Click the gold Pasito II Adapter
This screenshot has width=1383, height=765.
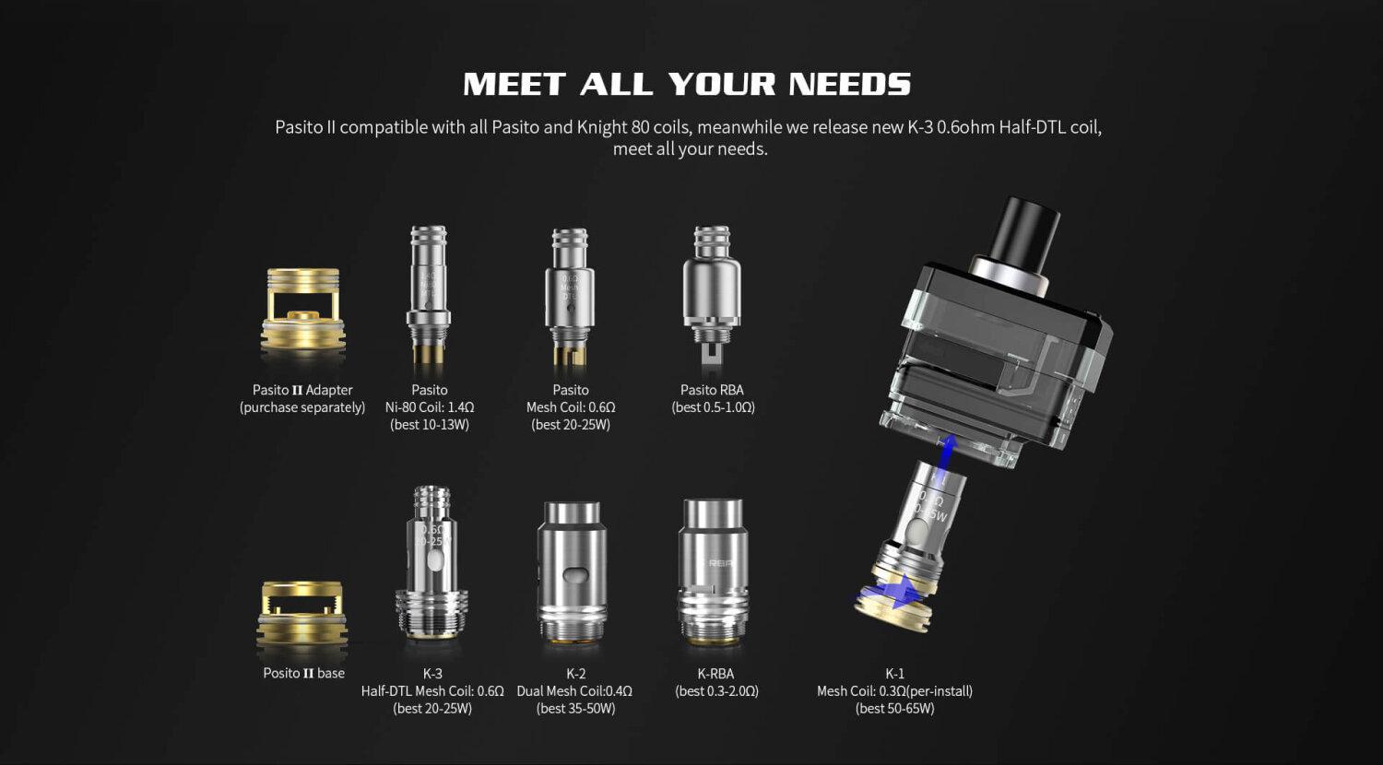tap(303, 311)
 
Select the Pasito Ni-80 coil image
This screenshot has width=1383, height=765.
tap(429, 292)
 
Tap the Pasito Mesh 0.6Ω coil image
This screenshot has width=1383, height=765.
tap(571, 293)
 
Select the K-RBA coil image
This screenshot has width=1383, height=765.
tap(711, 571)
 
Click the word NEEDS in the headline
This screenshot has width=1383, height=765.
tap(849, 85)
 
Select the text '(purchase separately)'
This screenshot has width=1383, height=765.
tap(302, 407)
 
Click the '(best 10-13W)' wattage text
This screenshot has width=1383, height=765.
tap(430, 425)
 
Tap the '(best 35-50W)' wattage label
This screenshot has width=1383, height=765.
tap(575, 709)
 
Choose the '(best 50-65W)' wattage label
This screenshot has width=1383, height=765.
tap(894, 709)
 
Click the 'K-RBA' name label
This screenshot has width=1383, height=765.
tap(716, 674)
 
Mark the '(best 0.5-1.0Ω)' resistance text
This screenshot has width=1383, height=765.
tap(713, 407)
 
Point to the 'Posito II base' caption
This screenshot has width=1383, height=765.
tap(303, 673)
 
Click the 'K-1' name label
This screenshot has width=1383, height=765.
tap(894, 674)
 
